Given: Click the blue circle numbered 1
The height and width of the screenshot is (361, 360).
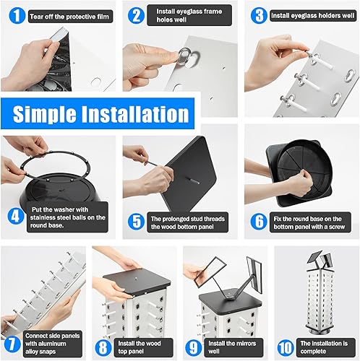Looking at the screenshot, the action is click(17, 16).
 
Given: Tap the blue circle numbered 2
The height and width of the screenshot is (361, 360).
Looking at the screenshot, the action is click(136, 16).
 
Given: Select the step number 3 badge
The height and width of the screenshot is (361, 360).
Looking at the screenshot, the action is click(259, 16).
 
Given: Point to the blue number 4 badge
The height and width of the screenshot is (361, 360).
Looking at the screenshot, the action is click(16, 216).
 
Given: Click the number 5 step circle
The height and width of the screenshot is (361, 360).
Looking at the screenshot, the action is click(136, 222).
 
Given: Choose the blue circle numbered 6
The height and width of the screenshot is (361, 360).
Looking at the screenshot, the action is click(259, 222).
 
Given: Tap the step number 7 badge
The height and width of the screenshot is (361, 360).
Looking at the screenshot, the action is click(11, 344).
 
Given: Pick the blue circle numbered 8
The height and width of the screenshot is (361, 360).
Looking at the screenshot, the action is click(103, 347).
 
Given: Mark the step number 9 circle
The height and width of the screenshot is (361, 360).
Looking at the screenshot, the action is click(194, 347).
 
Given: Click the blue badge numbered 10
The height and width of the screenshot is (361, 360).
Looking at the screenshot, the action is click(286, 347).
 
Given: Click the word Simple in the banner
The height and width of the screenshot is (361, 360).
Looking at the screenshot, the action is click(44, 114).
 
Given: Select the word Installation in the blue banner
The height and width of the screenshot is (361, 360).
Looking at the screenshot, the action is click(135, 114).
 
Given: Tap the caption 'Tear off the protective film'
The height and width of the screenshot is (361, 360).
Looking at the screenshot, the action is click(69, 17).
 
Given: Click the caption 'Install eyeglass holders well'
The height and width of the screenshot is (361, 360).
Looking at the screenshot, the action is click(312, 16).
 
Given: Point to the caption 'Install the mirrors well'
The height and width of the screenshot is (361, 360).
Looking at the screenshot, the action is click(232, 347).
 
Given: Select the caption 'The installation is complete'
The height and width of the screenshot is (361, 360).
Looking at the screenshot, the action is click(324, 347).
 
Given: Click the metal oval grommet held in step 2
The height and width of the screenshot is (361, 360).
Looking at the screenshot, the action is click(185, 56).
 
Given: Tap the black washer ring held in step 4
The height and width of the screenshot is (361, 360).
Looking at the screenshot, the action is click(55, 165).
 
